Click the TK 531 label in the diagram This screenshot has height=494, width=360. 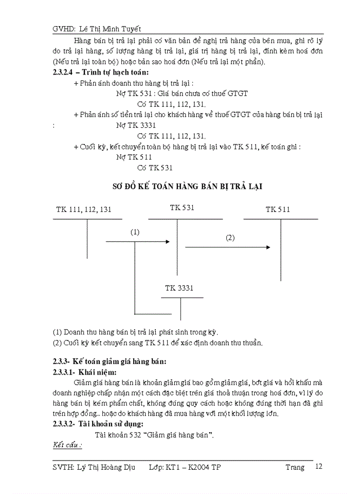coord(182,207)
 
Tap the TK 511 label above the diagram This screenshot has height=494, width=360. coord(278,209)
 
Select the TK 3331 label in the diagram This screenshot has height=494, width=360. coord(179,289)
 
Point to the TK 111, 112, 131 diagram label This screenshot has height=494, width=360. coord(84,209)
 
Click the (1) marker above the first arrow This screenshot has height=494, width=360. coord(135,232)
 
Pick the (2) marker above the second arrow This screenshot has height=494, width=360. coord(230,238)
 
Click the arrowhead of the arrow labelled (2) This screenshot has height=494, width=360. coord(268,248)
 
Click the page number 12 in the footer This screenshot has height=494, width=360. coord(319,467)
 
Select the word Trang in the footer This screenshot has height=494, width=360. coord(295,467)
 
